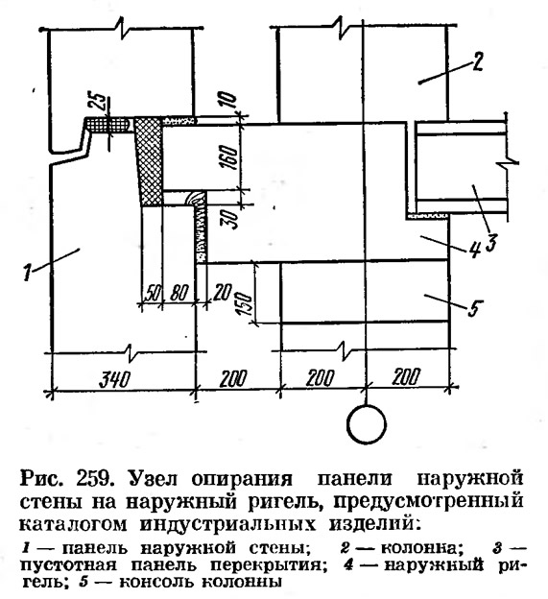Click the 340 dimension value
114,380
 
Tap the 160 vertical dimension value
231,157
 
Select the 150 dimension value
245,304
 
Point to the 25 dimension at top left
98,101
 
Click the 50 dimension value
151,293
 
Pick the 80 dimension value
179,293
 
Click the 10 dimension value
229,100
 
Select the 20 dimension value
223,293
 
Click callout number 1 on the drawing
27,272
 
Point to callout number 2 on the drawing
477,61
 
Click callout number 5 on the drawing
474,308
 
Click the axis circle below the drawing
367,424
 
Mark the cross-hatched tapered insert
150,162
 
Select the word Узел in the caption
152,479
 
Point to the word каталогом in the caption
73,524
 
